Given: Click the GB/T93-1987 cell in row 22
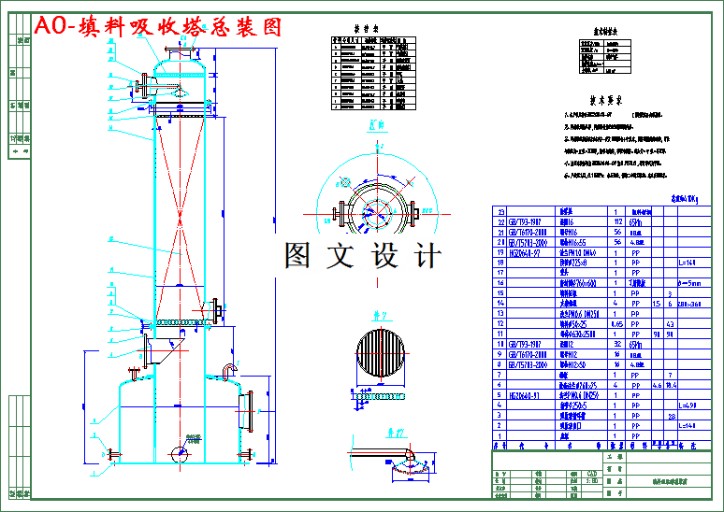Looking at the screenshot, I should (529, 222).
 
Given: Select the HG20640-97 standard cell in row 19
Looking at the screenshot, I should (529, 252).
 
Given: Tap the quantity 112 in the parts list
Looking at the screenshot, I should (615, 222).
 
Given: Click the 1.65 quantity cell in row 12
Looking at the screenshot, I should (615, 323).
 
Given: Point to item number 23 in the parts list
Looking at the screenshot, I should (500, 212).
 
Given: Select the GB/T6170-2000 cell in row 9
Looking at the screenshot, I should (529, 353).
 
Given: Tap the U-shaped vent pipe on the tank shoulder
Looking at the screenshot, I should (228, 371).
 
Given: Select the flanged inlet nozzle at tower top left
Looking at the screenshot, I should (142, 88).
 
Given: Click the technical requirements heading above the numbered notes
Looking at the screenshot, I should (605, 98).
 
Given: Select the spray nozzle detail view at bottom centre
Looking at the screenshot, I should (402, 459).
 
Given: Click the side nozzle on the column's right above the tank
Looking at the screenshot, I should (217, 308).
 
